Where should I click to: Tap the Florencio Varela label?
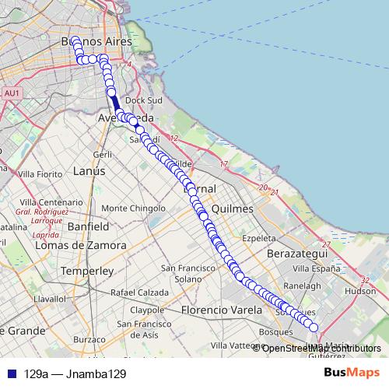coord(213,310)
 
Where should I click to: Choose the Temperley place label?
coord(87,271)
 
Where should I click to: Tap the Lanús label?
coord(89,170)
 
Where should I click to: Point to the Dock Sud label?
coord(142,100)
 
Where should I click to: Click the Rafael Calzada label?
coord(139,292)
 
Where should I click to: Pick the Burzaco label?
coord(89,339)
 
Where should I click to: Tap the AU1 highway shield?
coord(12,93)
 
